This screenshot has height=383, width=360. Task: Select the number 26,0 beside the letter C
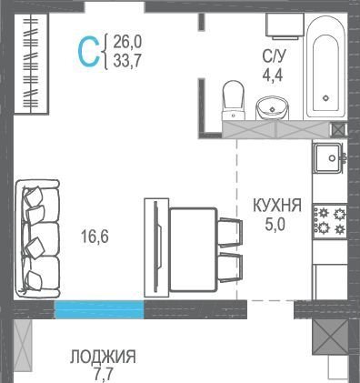click(127, 42)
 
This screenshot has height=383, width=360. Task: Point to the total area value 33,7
click(127, 61)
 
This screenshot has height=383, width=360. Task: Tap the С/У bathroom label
click(274, 56)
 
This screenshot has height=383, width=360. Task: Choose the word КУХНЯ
click(277, 205)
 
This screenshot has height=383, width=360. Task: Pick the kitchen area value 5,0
click(275, 225)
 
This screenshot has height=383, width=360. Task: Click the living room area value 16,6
click(95, 237)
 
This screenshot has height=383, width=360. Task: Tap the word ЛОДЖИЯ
click(103, 357)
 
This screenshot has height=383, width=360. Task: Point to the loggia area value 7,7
click(103, 375)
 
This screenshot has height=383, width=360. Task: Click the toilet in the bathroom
click(234, 100)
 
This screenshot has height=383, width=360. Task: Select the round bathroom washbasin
click(273, 108)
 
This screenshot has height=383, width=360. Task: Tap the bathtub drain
click(325, 98)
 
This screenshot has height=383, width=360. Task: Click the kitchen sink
click(328, 157)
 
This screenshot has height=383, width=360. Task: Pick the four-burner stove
click(330, 221)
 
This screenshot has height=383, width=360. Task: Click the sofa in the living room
click(37, 238)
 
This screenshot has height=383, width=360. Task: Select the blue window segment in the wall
click(99, 309)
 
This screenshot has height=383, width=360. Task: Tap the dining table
click(193, 249)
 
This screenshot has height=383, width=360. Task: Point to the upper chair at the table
click(231, 232)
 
